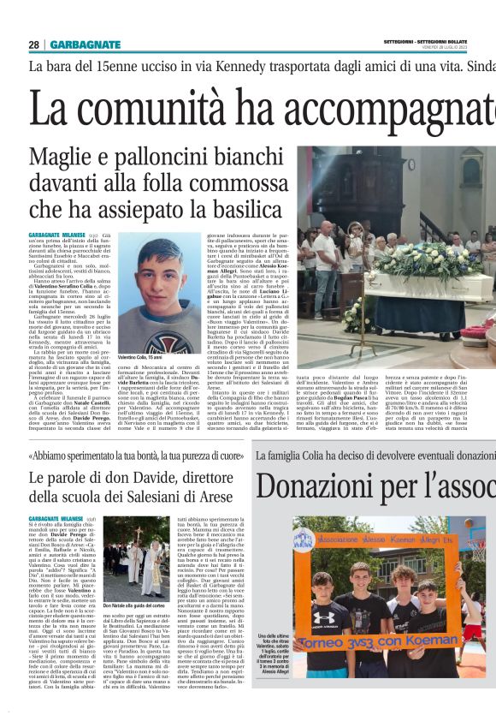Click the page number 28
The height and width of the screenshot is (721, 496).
tap(33, 45)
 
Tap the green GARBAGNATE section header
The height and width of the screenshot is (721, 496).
tap(85, 45)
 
